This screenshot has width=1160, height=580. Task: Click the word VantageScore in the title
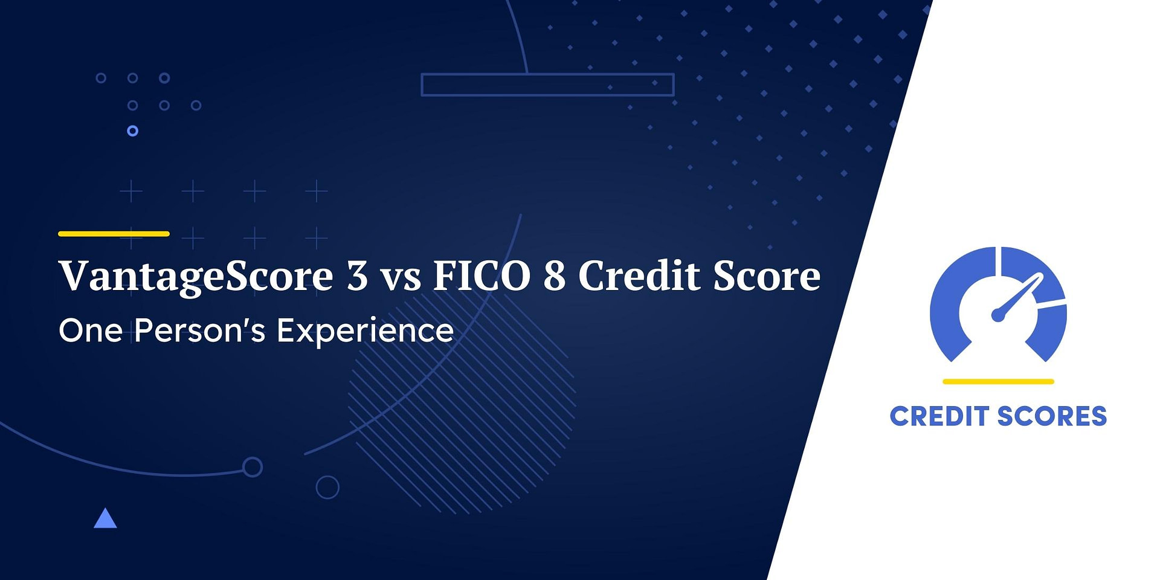tap(196, 276)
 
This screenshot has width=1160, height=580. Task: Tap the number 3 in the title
tap(357, 276)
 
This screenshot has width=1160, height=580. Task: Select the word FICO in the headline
tap(482, 276)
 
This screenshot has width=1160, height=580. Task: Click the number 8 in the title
tap(554, 276)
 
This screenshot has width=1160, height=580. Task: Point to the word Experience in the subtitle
tap(365, 331)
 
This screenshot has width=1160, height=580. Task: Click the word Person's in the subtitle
tap(199, 331)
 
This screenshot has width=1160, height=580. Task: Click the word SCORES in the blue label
tap(1052, 417)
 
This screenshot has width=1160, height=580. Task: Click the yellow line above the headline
tap(114, 234)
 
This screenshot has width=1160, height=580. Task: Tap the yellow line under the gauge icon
tap(998, 382)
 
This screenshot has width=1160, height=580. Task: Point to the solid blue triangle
tap(105, 520)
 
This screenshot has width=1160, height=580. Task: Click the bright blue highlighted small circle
tap(133, 131)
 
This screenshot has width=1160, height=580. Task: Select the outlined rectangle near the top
tap(547, 85)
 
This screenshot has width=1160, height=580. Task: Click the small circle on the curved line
tap(253, 467)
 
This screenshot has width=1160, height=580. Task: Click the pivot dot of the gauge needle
tap(998, 315)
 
